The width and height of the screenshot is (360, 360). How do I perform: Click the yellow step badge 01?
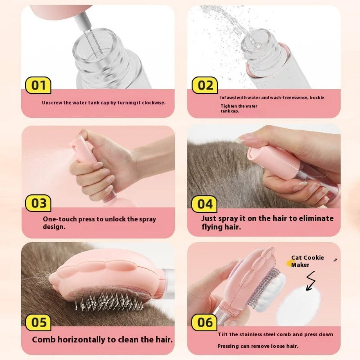[x=38, y=86]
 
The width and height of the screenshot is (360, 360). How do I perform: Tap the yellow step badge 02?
[x=205, y=86]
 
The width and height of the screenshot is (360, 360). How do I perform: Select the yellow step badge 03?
[x=38, y=203]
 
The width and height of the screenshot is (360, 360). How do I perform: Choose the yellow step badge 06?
[x=205, y=322]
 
